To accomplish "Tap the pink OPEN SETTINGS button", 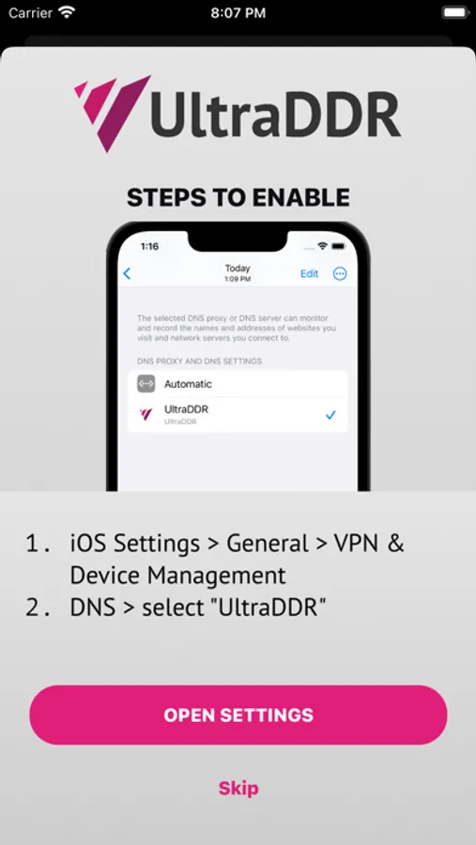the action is point(238,714).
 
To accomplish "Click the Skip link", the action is point(238,789).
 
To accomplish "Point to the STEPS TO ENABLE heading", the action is point(238,198).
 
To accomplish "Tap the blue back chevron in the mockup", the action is point(128,274).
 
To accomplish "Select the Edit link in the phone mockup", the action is point(310,274).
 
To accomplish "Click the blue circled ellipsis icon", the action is point(340,274).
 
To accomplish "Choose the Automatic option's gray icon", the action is point(146,384).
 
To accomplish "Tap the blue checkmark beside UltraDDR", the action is point(331,415).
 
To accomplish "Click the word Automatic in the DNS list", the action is point(188,384).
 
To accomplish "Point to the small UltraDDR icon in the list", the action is point(146,414).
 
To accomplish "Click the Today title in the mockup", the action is point(238,269).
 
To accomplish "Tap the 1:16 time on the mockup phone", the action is point(149,246).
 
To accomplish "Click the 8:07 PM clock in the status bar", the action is point(238,13).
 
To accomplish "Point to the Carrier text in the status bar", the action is point(30,13).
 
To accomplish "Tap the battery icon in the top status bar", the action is point(455,13).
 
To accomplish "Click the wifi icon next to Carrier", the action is point(67,12).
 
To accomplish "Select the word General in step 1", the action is point(268,544).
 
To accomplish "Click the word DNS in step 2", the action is point(93,607).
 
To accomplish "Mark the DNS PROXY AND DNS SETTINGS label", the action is point(200,361).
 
